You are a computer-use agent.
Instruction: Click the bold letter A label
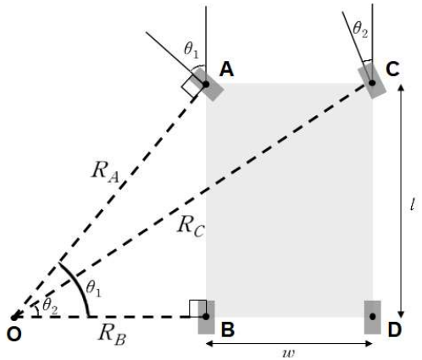pyautogui.click(x=226, y=69)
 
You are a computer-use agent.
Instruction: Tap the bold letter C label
pyautogui.click(x=392, y=69)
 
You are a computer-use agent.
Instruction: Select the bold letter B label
pyautogui.click(x=228, y=330)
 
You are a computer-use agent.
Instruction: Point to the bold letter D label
pyautogui.click(x=395, y=330)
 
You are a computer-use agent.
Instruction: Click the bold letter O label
pyautogui.click(x=14, y=335)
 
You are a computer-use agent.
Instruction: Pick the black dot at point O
pyautogui.click(x=14, y=318)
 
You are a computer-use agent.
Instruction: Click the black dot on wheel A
pyautogui.click(x=206, y=84)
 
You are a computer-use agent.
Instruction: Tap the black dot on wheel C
pyautogui.click(x=372, y=83)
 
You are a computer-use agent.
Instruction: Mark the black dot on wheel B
pyautogui.click(x=206, y=317)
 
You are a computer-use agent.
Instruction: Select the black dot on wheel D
pyautogui.click(x=373, y=317)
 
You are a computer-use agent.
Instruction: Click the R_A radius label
pyautogui.click(x=105, y=172)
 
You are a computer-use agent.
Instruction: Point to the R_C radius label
pyautogui.click(x=191, y=226)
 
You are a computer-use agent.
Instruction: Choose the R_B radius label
pyautogui.click(x=112, y=335)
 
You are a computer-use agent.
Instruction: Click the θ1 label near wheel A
pyautogui.click(x=192, y=50)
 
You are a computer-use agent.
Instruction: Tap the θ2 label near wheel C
pyautogui.click(x=360, y=30)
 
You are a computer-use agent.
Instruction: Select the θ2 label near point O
pyautogui.click(x=50, y=307)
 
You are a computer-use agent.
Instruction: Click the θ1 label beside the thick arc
pyautogui.click(x=93, y=289)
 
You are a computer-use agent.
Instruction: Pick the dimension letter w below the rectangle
pyautogui.click(x=289, y=353)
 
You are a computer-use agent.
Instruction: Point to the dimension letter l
pyautogui.click(x=413, y=204)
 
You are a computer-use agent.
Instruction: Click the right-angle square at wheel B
pyautogui.click(x=198, y=308)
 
